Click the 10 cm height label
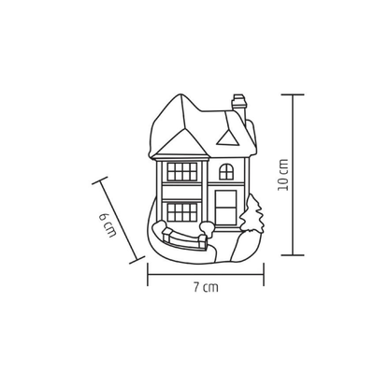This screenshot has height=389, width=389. click(x=283, y=175)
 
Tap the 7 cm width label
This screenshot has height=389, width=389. click(x=206, y=287)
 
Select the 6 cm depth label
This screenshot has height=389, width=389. click(x=108, y=225)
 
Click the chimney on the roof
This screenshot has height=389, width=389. click(x=239, y=108)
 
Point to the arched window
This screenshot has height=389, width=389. click(x=226, y=172)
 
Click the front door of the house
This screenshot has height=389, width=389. click(x=226, y=208)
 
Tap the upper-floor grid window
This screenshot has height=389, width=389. click(x=182, y=172)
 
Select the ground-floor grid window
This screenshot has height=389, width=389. click(x=182, y=212)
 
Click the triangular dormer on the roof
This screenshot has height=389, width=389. click(x=228, y=138)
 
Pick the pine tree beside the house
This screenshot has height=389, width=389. click(x=252, y=214)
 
